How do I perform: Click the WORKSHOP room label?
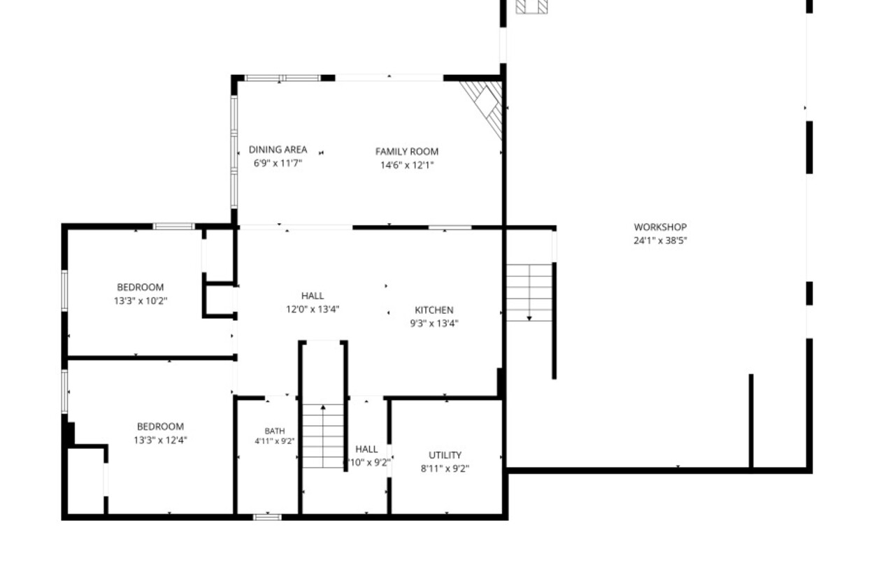click(660, 227)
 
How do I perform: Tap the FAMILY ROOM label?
click(406, 152)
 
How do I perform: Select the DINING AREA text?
click(278, 150)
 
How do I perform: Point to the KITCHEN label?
click(434, 310)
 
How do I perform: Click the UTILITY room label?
click(445, 455)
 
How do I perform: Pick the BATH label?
click(275, 431)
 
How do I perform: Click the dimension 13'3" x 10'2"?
click(141, 301)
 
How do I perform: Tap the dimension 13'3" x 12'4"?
click(160, 440)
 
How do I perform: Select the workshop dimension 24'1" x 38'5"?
click(660, 241)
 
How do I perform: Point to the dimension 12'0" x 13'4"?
click(313, 310)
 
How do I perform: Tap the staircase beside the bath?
click(323, 436)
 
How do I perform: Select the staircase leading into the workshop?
click(529, 293)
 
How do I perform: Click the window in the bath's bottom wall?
click(267, 517)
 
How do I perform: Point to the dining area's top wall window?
click(282, 78)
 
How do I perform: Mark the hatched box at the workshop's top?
click(531, 6)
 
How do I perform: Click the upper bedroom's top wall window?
click(173, 227)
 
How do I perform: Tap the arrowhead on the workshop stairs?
click(529, 318)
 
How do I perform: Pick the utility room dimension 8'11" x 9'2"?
click(445, 468)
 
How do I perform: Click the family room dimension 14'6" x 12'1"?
click(407, 165)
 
